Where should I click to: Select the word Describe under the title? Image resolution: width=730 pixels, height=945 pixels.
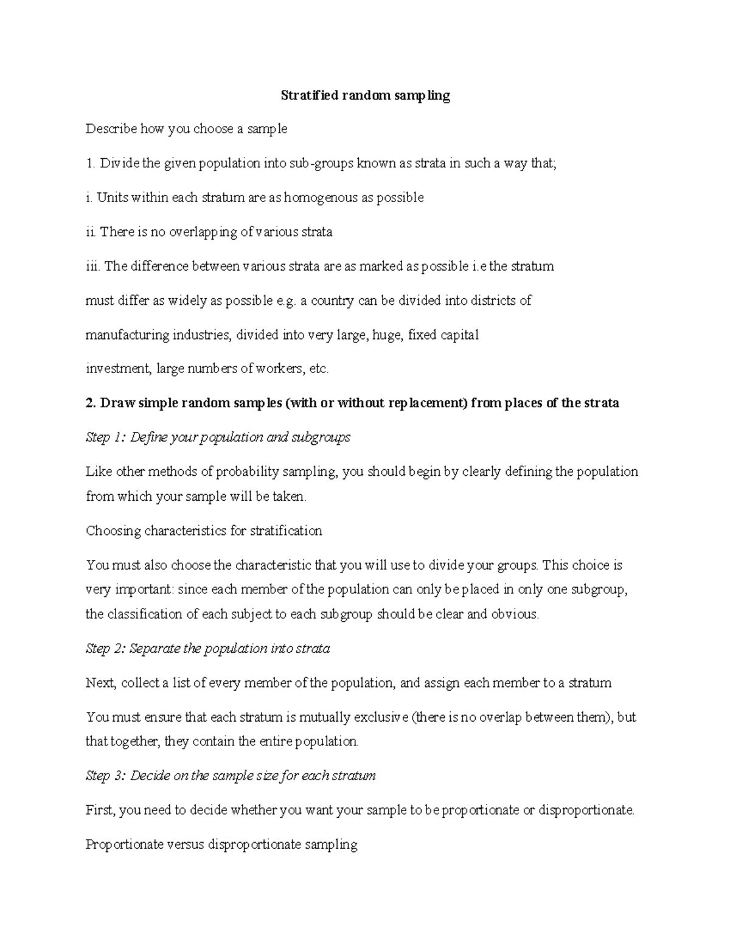coord(111,129)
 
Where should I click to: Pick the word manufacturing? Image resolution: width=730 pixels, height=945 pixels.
coord(127,335)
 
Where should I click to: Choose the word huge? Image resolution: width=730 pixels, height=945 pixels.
coord(387,335)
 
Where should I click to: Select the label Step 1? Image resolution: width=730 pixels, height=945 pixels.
coord(106,438)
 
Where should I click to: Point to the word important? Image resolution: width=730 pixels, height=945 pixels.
coord(137,590)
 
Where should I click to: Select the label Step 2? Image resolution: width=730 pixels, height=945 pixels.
coord(106,649)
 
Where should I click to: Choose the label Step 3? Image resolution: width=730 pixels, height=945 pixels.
coord(106,776)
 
